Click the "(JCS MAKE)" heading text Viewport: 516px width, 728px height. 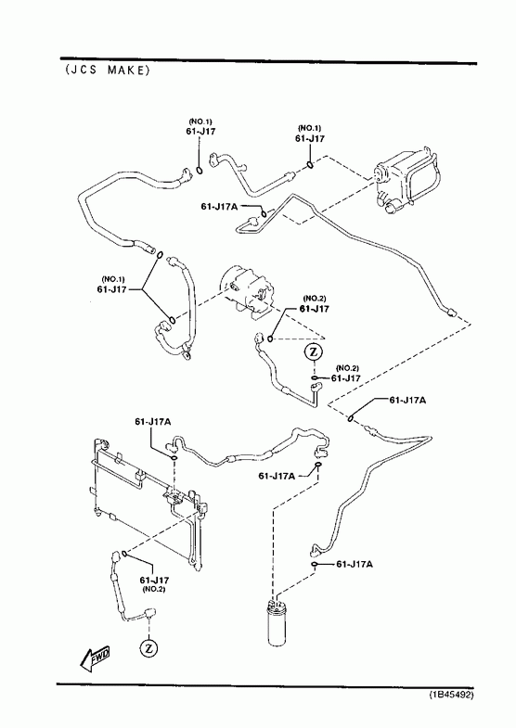[x=108, y=70]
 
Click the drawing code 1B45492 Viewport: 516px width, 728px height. [x=451, y=695]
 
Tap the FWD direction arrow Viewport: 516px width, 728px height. [x=96, y=659]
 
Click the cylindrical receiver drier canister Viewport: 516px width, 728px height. [x=277, y=621]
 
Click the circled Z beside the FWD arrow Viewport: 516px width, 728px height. [x=148, y=647]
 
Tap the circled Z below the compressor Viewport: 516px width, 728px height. [x=313, y=352]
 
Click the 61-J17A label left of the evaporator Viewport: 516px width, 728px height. [x=219, y=206]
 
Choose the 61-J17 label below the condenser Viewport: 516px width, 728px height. [x=154, y=580]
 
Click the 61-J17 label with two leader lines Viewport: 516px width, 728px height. [x=111, y=288]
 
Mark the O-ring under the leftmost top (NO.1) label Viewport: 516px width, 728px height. [x=200, y=171]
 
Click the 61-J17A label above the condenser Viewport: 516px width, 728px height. [x=153, y=422]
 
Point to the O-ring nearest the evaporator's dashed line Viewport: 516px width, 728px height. [x=309, y=164]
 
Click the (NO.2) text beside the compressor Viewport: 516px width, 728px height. [x=315, y=299]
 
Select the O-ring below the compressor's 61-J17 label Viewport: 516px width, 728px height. [x=270, y=338]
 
